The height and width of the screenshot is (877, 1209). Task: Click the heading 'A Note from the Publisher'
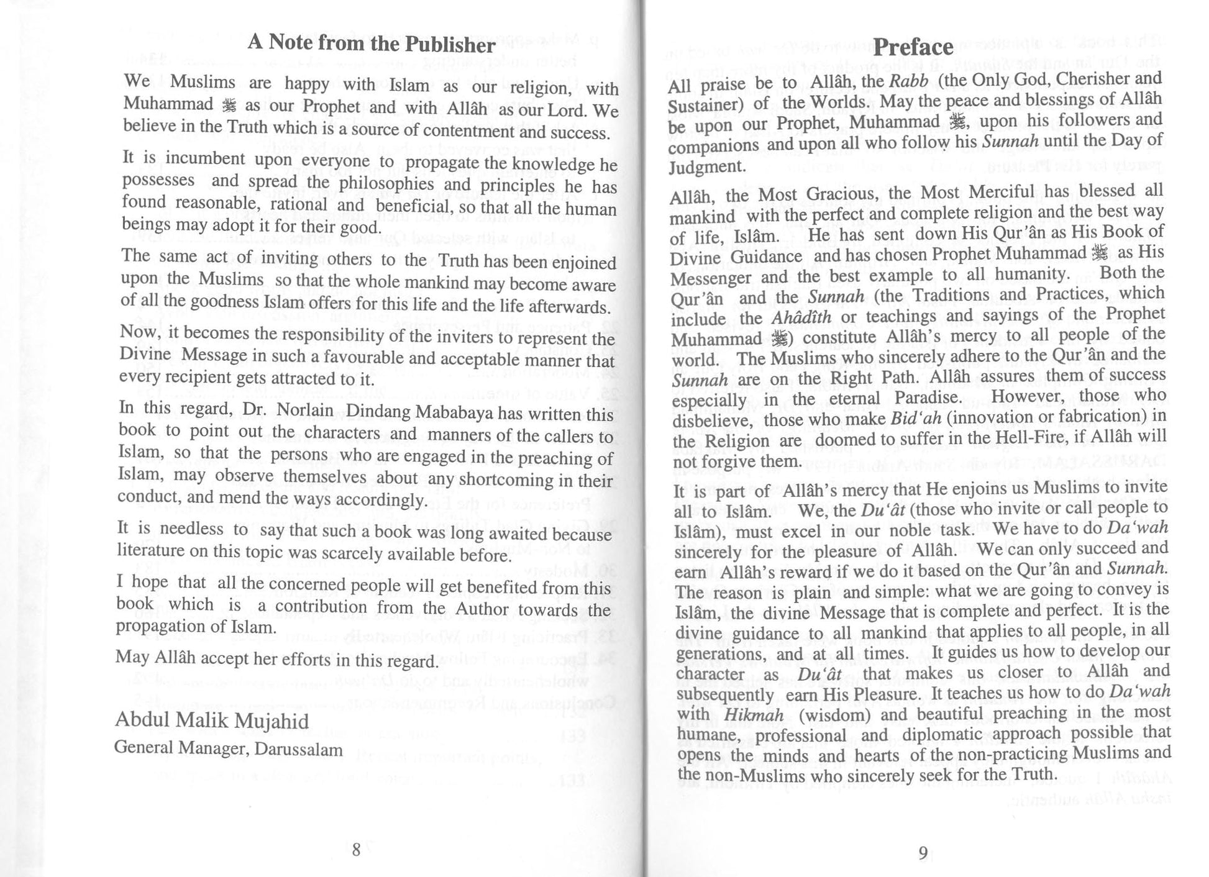point(371,43)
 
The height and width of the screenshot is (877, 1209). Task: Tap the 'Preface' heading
point(913,47)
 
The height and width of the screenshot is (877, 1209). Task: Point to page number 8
point(356,849)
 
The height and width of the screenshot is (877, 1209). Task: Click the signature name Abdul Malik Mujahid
point(212,721)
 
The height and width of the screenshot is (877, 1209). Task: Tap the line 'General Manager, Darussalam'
point(228,749)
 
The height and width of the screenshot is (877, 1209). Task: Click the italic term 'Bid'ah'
point(911,417)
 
